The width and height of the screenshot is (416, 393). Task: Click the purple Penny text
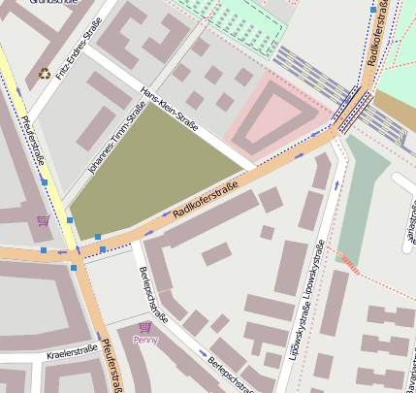145,341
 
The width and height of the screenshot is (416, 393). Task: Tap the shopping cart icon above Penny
145,327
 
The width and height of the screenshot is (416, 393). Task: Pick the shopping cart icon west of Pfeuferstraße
43,220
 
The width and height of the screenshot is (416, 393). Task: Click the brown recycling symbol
44,73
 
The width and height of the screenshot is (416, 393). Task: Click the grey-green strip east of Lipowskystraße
361,194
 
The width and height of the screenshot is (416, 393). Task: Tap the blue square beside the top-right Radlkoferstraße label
372,10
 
